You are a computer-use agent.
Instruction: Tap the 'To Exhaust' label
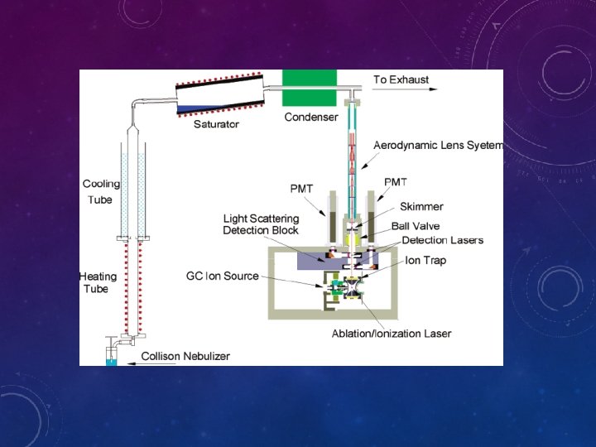coord(401,79)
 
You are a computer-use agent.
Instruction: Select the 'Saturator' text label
coord(216,124)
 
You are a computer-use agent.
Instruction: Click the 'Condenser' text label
coord(311,118)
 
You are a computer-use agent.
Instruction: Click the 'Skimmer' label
coord(421,206)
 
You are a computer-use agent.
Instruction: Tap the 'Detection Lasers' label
coord(442,240)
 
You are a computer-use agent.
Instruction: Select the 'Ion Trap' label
coord(425,260)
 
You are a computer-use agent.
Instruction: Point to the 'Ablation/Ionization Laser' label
coord(392,334)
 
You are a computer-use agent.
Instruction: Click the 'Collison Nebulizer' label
coord(185,356)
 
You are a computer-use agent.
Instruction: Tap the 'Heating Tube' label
coord(99,282)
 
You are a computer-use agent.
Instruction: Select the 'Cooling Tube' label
coord(101,191)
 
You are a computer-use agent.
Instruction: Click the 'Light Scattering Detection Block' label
coord(260,224)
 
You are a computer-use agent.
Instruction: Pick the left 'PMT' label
coord(302,189)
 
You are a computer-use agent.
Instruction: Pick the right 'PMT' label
coord(396,182)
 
